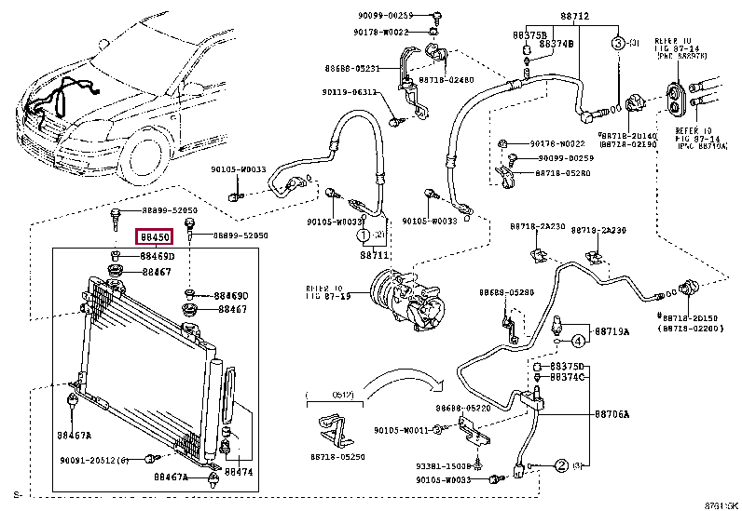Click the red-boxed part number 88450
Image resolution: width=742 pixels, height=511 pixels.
click(154, 237)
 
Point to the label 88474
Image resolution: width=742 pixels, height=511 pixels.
click(239, 473)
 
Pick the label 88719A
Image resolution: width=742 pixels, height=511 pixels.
click(612, 331)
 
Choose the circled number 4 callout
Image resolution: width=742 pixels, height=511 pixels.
click(577, 341)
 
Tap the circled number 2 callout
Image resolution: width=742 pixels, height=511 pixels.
click(562, 464)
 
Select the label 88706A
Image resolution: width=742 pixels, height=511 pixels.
click(612, 414)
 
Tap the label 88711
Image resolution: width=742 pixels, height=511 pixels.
click(373, 254)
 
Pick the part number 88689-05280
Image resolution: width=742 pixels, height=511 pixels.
click(507, 292)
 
